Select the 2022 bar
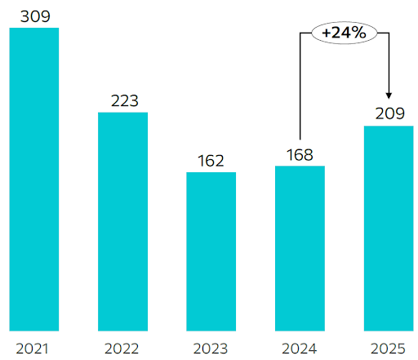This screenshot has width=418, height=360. click(122, 220)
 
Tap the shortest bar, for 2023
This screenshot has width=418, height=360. click(211, 250)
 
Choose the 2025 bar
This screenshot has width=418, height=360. click(389, 228)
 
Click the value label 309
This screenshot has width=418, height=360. click(33, 14)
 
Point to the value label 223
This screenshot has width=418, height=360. click(122, 100)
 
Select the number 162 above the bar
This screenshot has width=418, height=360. click(211, 160)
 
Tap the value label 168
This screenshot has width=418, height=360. click(300, 154)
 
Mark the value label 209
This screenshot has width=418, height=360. click(389, 113)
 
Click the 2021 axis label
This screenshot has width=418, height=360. click(33, 349)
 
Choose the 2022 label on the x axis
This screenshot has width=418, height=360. click(122, 349)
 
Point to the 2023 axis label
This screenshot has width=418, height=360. click(211, 349)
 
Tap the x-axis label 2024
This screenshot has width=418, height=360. click(300, 349)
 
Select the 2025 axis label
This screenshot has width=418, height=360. click(389, 349)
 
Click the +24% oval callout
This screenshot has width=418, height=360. click(344, 35)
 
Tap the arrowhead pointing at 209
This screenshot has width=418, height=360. click(389, 95)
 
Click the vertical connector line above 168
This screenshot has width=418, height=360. click(300, 90)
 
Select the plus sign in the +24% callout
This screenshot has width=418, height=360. click(327, 35)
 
